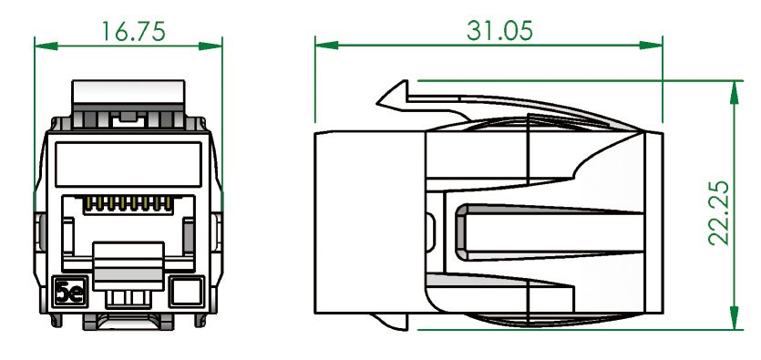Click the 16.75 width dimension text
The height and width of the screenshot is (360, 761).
point(132,30)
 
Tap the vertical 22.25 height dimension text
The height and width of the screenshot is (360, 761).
point(720,211)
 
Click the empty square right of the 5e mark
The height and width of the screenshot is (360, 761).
point(186,292)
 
